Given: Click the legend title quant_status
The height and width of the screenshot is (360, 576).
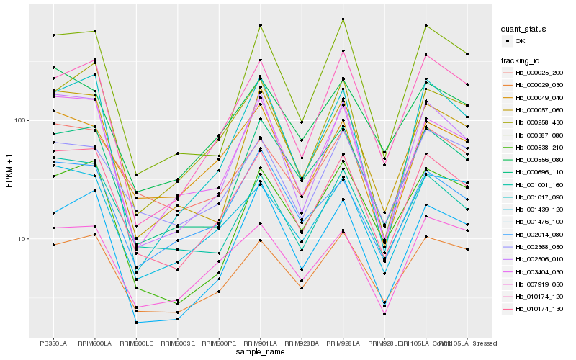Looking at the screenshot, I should (526, 29).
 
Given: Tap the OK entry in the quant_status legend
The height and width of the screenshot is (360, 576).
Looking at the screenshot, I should (519, 41).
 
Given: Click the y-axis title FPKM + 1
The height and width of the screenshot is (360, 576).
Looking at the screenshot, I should (9, 171).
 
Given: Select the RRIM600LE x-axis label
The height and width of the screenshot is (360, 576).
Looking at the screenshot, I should (136, 343).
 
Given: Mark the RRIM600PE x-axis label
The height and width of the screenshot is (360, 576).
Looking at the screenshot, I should (219, 343).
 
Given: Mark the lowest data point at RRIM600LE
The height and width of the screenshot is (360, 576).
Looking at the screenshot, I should (136, 323).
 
